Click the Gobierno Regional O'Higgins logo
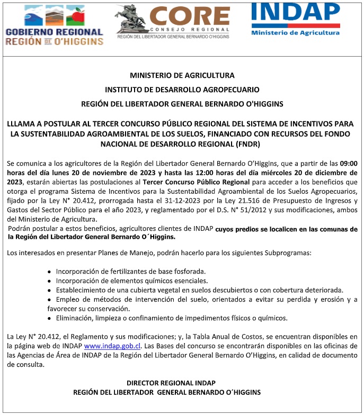click(54, 24)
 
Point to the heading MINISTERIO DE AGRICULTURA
click(182, 76)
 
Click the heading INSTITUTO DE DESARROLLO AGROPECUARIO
click(182, 89)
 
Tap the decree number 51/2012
click(265, 210)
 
